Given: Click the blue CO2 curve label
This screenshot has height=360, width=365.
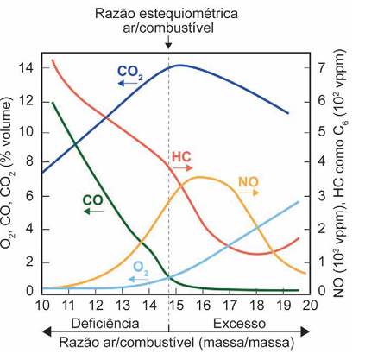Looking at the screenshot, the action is point(130,73).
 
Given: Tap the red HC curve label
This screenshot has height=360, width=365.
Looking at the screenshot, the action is point(181,157).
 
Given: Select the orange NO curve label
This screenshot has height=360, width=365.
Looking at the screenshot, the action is point(249,182).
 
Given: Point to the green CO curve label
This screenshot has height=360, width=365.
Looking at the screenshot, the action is point(92,200).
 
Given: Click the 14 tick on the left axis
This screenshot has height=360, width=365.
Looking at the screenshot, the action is point(27,68).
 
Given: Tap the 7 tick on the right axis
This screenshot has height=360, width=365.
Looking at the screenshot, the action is point(322,68).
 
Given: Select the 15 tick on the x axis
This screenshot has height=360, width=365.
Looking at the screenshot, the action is point(176,305).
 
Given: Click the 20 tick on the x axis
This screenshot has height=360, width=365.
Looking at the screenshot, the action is point(310,305).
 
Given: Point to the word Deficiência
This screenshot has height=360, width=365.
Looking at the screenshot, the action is point(105,324).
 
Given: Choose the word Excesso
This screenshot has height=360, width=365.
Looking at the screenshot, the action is point(239,324).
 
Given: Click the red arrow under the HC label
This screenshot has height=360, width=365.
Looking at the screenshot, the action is point(182,167).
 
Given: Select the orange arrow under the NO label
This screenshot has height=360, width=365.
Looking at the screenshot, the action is point(249,193).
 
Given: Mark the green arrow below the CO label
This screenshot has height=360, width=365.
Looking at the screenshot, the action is point(93,212).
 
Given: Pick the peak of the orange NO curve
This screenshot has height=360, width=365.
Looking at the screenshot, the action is point(199,177).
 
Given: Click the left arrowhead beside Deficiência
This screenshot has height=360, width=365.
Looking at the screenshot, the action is point(47,332).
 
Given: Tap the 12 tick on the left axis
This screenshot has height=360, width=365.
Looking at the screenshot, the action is point(27,101).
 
